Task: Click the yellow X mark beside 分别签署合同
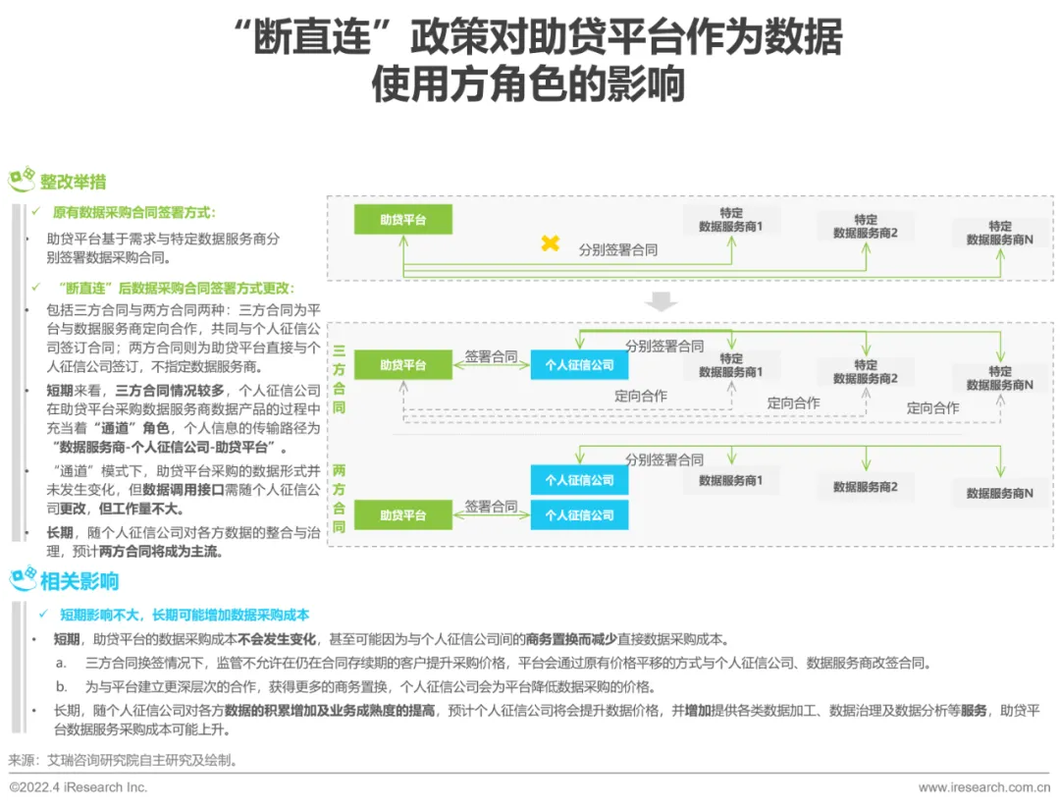(551, 243)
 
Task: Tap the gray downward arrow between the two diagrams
(662, 301)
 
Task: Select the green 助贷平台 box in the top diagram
(403, 220)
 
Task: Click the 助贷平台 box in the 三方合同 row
(403, 365)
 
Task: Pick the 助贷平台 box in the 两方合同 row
(403, 515)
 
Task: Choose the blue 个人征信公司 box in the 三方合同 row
(579, 365)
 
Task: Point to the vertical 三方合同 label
(339, 378)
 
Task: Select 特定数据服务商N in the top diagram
(999, 233)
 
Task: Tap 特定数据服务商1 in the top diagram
(730, 220)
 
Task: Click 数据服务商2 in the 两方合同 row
(866, 486)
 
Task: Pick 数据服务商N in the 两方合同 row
(999, 493)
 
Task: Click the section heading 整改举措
(73, 182)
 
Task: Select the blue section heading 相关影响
(79, 581)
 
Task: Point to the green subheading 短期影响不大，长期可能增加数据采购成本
(185, 615)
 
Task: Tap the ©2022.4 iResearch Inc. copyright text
(79, 787)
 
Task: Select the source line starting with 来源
(123, 760)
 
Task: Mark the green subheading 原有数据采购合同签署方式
(133, 212)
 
